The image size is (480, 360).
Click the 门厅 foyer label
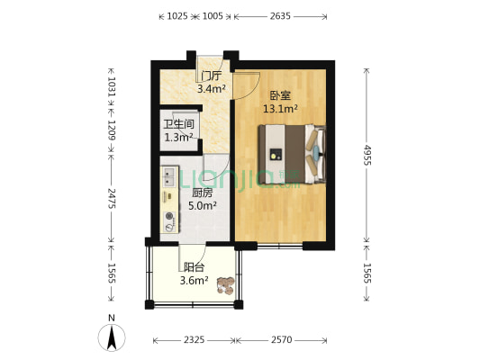pos(211,76)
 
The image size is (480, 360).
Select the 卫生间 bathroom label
pos(178,124)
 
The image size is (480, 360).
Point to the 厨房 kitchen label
pos(202,193)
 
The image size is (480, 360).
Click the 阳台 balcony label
pos(194,267)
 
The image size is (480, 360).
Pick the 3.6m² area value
pos(194,281)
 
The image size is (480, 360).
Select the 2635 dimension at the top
pos(281,15)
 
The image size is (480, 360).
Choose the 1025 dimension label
pos(178,15)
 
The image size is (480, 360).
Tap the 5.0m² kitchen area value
pos(202,205)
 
